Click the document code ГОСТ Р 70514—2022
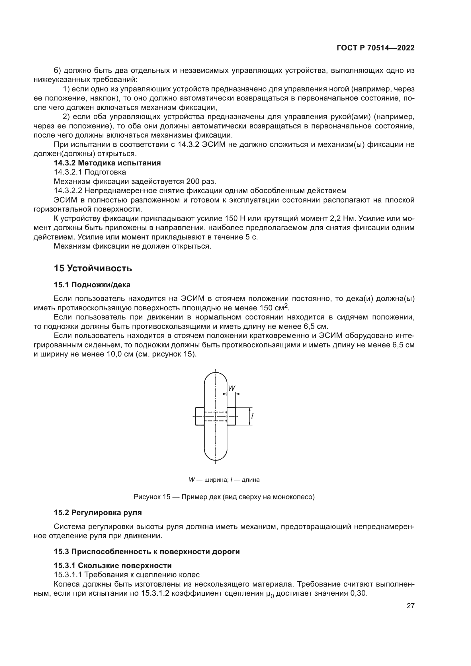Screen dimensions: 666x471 (x=376, y=48)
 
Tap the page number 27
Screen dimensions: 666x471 (x=410, y=606)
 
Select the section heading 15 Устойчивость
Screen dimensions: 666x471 (x=93, y=268)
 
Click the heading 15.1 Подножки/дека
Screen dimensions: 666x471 (x=92, y=285)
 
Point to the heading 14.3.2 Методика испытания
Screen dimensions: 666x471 (x=107, y=163)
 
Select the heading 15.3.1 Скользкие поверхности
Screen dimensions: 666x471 (x=113, y=565)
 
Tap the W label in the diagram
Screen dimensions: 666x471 (x=232, y=388)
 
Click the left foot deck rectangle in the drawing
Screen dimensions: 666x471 (x=200, y=416)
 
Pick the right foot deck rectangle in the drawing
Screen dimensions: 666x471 (x=231, y=416)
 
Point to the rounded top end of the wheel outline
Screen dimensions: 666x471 (x=216, y=377)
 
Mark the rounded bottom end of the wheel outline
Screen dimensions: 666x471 (x=216, y=456)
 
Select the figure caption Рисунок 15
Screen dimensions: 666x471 (x=152, y=497)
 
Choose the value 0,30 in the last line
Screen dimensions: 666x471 (x=359, y=593)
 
